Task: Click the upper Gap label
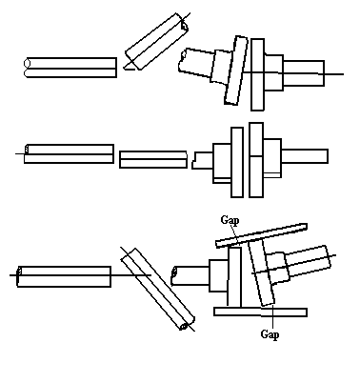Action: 230,219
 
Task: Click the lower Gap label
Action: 270,334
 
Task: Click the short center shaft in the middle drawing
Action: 152,157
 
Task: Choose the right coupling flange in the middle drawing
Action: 255,159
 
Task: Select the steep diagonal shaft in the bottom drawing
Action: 157,287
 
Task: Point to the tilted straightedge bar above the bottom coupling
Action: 261,234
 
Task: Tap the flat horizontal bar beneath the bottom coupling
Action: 259,311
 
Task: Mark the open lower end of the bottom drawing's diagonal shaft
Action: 185,324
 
